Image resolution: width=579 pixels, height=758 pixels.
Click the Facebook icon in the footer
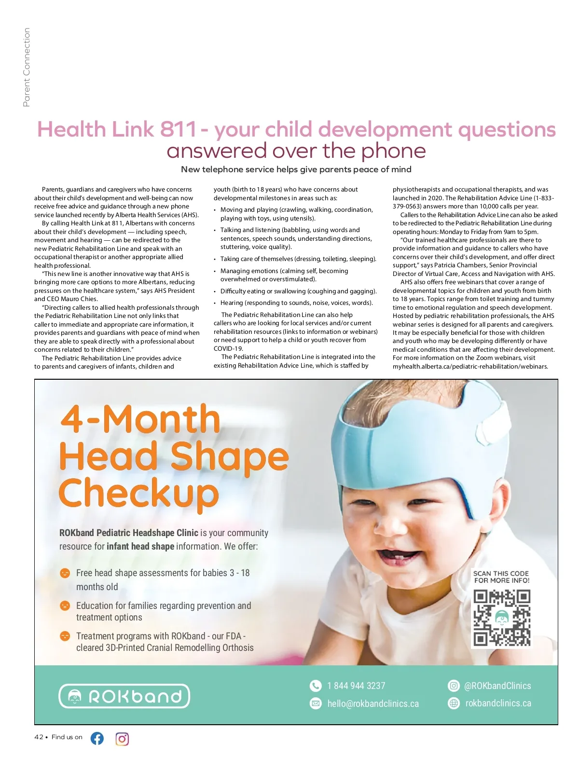point(97,738)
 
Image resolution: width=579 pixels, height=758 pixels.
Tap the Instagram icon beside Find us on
point(122,739)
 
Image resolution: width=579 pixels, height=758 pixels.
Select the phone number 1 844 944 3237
point(356,686)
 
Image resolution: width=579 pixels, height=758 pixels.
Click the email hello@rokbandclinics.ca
point(373,703)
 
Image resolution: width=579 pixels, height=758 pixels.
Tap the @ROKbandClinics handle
point(497,686)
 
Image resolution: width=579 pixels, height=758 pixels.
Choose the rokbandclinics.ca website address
point(498,703)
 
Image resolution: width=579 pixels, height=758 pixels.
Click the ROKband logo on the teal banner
point(124,696)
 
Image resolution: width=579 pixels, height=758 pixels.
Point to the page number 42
point(39,737)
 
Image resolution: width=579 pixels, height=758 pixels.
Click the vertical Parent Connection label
point(27,67)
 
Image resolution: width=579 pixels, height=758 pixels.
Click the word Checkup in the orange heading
point(139,493)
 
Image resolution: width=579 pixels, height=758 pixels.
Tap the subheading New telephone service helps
point(296,169)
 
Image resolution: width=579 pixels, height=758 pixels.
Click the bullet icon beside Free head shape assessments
point(65,573)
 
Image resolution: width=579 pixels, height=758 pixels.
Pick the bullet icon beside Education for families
point(65,606)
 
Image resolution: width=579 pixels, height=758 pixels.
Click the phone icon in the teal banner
point(316,686)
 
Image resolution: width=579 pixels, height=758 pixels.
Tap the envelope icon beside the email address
point(316,703)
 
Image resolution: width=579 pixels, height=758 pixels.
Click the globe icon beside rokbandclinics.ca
point(454,703)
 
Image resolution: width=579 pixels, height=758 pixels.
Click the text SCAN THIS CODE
point(501,574)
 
